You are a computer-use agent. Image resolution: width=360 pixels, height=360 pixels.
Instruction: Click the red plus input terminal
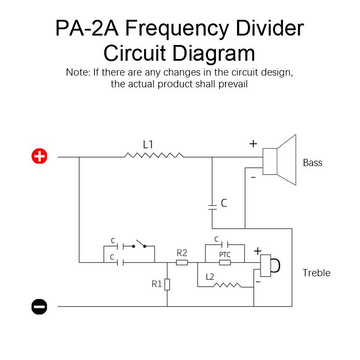click(39, 157)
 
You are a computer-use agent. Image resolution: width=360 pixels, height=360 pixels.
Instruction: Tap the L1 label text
click(148, 144)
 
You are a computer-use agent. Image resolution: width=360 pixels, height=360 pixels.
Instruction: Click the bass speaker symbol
click(280, 160)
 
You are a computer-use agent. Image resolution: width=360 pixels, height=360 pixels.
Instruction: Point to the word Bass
click(312, 162)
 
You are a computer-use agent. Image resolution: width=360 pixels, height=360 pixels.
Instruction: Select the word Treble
click(316, 273)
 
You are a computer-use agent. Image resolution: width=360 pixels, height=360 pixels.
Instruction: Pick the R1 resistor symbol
click(167, 284)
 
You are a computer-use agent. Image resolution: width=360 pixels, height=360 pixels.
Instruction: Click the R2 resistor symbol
click(182, 262)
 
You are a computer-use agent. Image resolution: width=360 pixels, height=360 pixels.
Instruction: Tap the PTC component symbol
click(225, 262)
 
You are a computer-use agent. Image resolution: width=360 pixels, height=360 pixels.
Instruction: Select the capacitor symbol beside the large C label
click(212, 207)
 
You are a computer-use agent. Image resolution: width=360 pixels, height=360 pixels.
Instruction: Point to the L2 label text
click(210, 277)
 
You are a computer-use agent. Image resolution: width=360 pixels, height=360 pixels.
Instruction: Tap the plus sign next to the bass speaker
click(253, 144)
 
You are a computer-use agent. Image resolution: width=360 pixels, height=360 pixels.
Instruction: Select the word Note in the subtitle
click(77, 72)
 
